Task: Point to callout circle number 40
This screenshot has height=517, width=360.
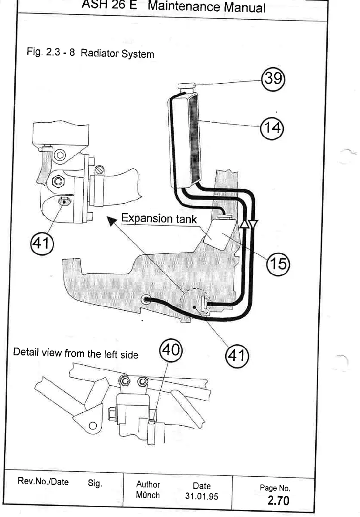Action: tap(171, 348)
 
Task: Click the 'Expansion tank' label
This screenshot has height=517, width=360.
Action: tap(159, 219)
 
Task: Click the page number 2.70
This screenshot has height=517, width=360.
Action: tap(278, 500)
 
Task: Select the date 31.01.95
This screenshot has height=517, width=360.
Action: tap(201, 496)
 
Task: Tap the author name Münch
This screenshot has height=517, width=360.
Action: tap(147, 495)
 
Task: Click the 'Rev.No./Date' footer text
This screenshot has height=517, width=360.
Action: tap(43, 482)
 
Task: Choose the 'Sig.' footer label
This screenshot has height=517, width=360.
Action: tap(95, 483)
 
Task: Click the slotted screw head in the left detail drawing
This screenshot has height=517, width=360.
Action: tap(100, 170)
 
